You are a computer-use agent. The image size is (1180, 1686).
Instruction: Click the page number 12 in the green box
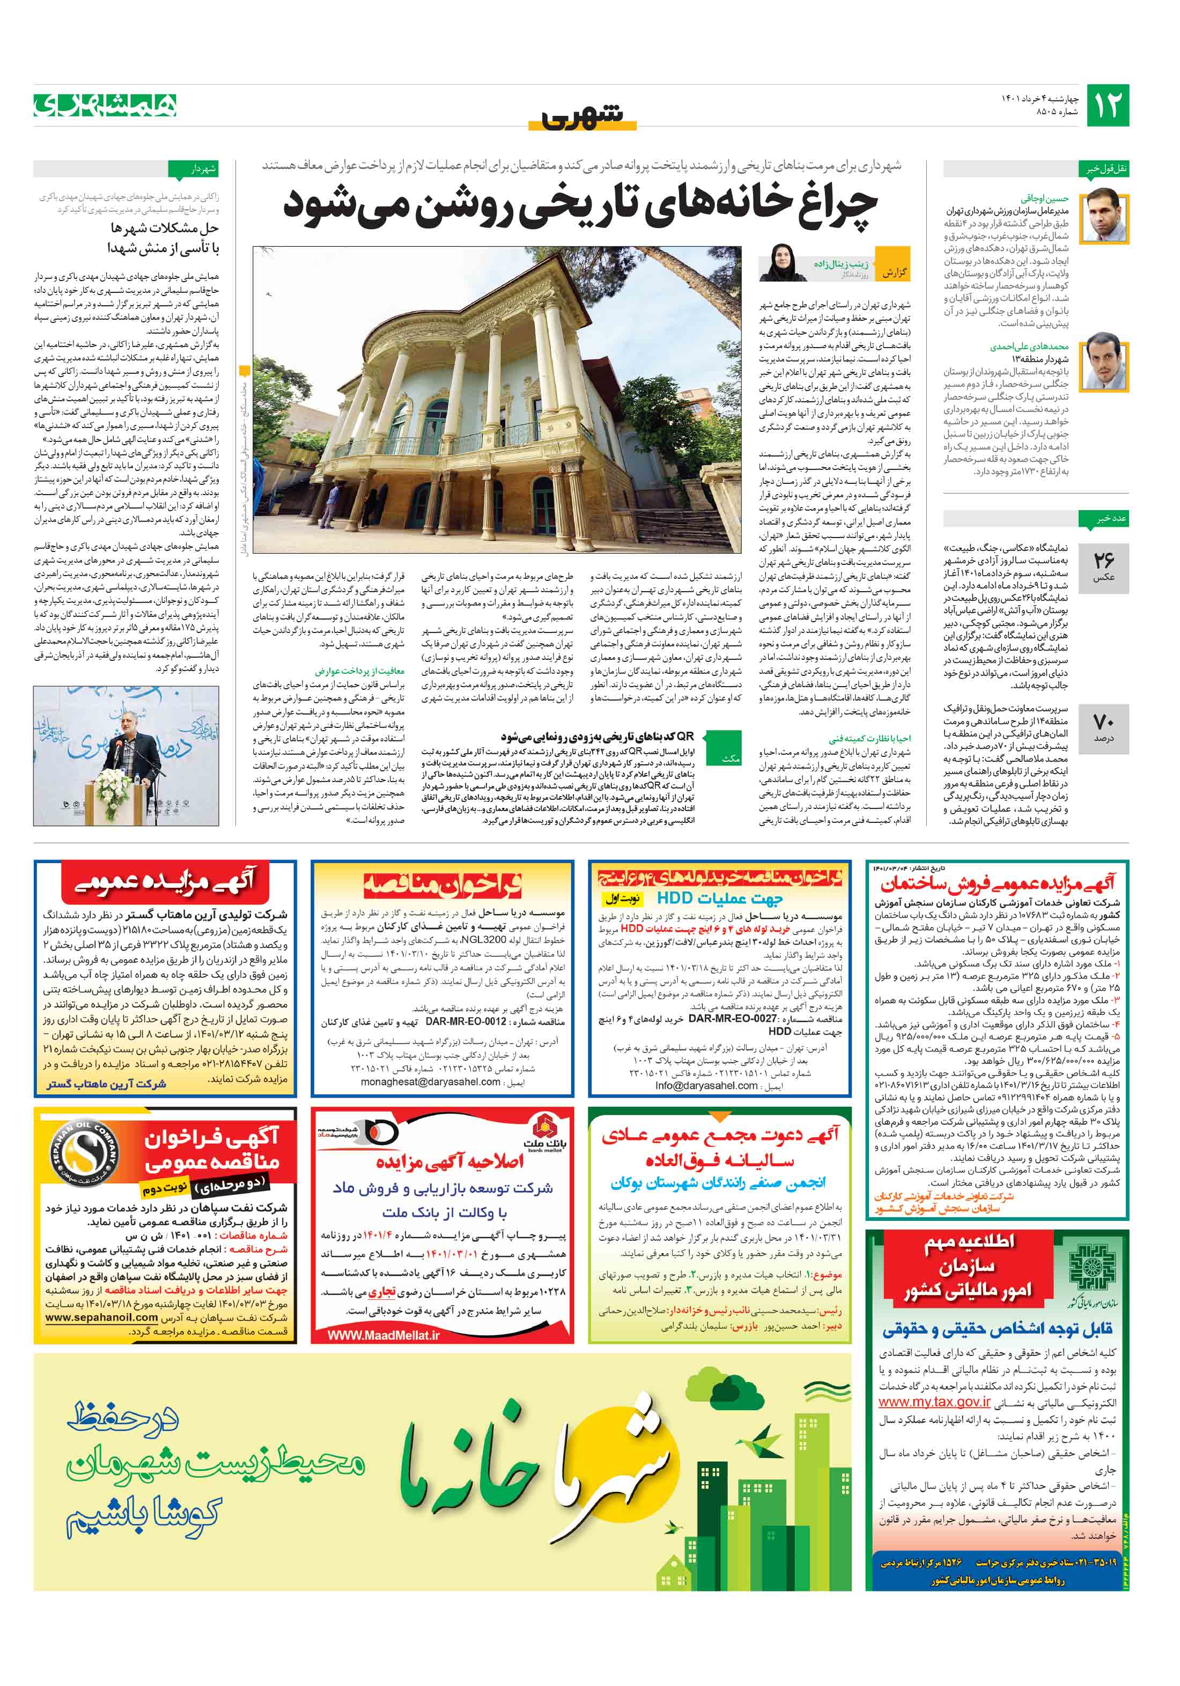1107,106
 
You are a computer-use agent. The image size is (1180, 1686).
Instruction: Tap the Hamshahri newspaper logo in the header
105,106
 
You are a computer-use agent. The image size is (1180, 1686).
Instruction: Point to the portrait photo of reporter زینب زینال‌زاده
779,262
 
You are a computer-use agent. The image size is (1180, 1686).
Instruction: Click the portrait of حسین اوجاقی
1105,216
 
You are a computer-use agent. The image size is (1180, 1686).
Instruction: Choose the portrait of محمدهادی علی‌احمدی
1105,360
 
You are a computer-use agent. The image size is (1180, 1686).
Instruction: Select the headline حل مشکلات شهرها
165,227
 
